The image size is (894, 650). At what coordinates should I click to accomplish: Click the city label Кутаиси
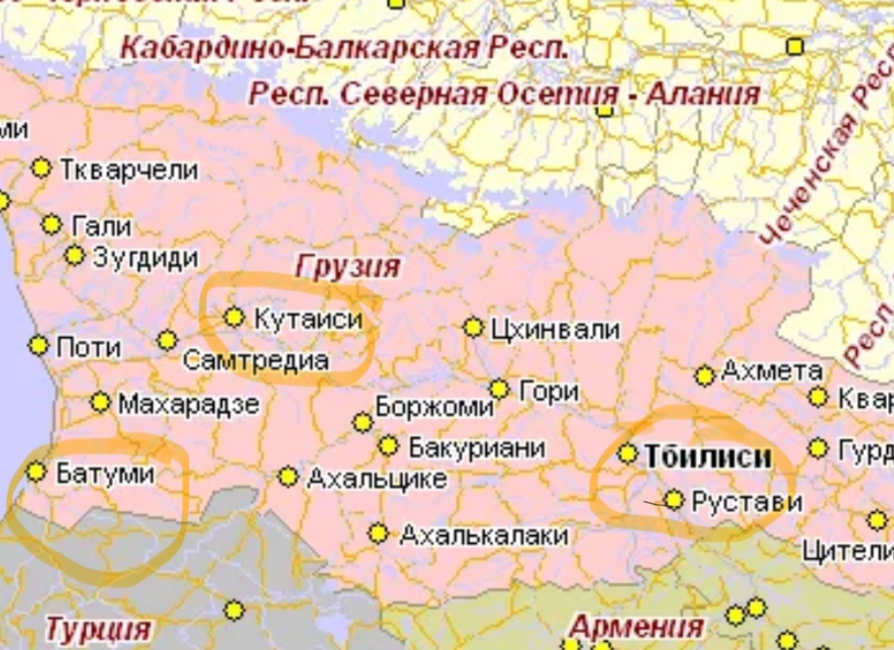[x=307, y=318]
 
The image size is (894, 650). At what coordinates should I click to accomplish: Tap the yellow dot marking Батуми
[x=36, y=472]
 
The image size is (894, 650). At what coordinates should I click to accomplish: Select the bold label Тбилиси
[x=708, y=457]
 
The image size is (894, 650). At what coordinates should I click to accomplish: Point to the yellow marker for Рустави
[x=673, y=500]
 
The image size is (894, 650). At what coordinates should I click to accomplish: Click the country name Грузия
[x=348, y=267]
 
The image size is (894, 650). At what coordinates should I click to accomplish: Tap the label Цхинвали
[x=554, y=330]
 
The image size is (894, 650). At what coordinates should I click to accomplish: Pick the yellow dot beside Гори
[x=499, y=389]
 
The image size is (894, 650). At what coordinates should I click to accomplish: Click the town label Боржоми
[x=434, y=407]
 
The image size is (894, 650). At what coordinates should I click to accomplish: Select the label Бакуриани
[x=477, y=447]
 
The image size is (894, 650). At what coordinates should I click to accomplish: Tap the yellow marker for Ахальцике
[x=288, y=477]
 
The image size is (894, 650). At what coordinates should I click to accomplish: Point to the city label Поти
[x=89, y=348]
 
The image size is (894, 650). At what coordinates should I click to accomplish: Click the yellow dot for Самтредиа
[x=167, y=340]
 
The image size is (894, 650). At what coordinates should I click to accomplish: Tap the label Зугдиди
[x=145, y=258]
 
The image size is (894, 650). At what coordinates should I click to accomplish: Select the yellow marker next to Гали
[x=51, y=225]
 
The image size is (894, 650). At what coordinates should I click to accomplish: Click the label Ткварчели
[x=128, y=170]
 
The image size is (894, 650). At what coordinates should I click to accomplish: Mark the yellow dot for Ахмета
[x=705, y=375]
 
